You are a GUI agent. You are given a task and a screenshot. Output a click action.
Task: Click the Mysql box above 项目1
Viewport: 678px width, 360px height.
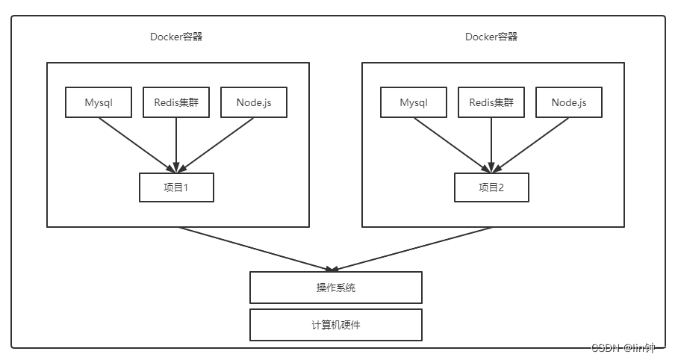pyautogui.click(x=99, y=102)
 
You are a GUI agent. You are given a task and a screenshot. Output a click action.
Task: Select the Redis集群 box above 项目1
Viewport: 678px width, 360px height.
pyautogui.click(x=176, y=102)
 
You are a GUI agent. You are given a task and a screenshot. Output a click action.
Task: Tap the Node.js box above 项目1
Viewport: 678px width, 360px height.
pyautogui.click(x=254, y=102)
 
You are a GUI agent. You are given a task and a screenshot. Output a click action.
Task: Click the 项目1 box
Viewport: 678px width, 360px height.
pyautogui.click(x=176, y=187)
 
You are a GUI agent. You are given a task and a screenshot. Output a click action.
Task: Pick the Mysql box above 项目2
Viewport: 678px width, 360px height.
pyautogui.click(x=414, y=102)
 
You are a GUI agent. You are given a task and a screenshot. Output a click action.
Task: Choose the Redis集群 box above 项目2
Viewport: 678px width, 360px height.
pyautogui.click(x=491, y=102)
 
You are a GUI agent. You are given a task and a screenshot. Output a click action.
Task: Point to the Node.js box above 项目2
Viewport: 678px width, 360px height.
pyautogui.click(x=569, y=102)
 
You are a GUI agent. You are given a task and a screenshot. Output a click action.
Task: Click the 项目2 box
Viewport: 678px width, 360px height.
pyautogui.click(x=491, y=187)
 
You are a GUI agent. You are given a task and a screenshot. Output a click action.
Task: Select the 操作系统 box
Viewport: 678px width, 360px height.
pyautogui.click(x=336, y=288)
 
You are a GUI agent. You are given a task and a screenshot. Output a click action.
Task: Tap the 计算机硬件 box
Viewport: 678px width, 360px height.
pyautogui.click(x=336, y=325)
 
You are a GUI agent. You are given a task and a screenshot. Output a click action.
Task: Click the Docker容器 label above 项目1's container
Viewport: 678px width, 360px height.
pyautogui.click(x=176, y=37)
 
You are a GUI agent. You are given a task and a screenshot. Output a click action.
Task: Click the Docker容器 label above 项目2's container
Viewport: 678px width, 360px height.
pyautogui.click(x=491, y=37)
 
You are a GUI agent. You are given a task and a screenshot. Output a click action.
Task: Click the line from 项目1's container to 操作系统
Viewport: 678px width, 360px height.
pyautogui.click(x=254, y=248)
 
